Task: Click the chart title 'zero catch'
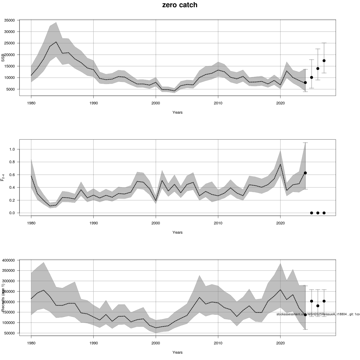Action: pos(180,5)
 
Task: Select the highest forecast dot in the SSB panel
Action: pos(324,61)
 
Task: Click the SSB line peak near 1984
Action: pos(56,42)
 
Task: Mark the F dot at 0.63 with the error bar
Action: pos(305,173)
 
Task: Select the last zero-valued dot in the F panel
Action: pos(324,213)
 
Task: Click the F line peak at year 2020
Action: pos(280,164)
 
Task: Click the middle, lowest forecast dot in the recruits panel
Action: pos(318,306)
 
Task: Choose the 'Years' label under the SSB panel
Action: pos(177,112)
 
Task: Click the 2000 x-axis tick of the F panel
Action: pos(156,223)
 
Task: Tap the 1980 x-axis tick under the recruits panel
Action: pos(31,343)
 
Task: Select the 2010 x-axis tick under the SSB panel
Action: pos(218,103)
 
